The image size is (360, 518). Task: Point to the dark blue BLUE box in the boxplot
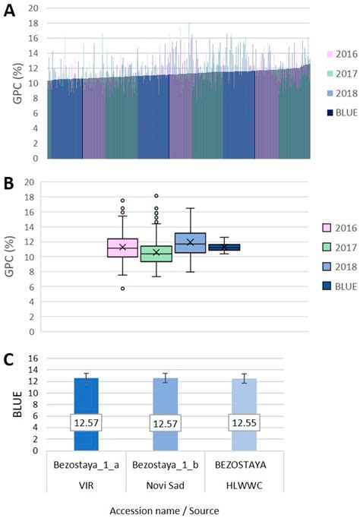click(x=224, y=248)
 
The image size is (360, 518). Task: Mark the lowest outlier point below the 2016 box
click(x=122, y=289)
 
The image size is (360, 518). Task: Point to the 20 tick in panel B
click(x=30, y=182)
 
